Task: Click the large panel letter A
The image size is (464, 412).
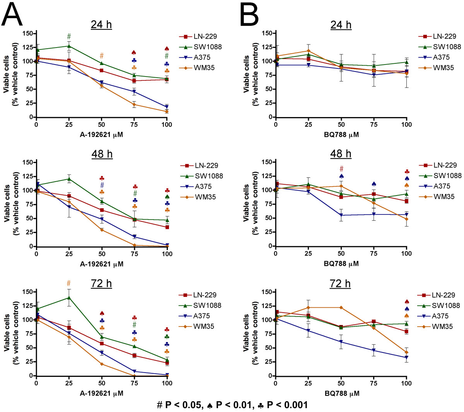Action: (x=12, y=15)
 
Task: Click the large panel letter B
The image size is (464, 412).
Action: (x=249, y=15)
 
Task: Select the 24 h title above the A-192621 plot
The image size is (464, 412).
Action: (x=101, y=25)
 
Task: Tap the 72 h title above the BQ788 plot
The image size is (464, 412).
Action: (x=341, y=284)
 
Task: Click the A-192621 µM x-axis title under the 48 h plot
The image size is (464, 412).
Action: (x=102, y=264)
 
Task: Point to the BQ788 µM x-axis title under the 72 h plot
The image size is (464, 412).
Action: (x=341, y=393)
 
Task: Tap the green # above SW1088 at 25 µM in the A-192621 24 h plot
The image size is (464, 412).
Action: (x=69, y=37)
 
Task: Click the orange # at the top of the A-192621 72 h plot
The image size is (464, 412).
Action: (x=69, y=283)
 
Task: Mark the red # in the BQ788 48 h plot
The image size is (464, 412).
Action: (x=341, y=169)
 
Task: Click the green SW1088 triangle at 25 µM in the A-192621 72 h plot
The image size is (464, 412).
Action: (x=69, y=298)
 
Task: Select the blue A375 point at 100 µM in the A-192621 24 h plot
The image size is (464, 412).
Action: (x=167, y=107)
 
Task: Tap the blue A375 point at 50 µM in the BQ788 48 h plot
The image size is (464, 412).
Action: (x=341, y=215)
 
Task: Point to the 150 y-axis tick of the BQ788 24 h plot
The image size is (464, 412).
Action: (x=267, y=33)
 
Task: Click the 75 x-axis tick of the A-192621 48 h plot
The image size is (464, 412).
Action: (x=134, y=254)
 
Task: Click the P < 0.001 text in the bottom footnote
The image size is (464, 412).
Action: (x=287, y=405)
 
